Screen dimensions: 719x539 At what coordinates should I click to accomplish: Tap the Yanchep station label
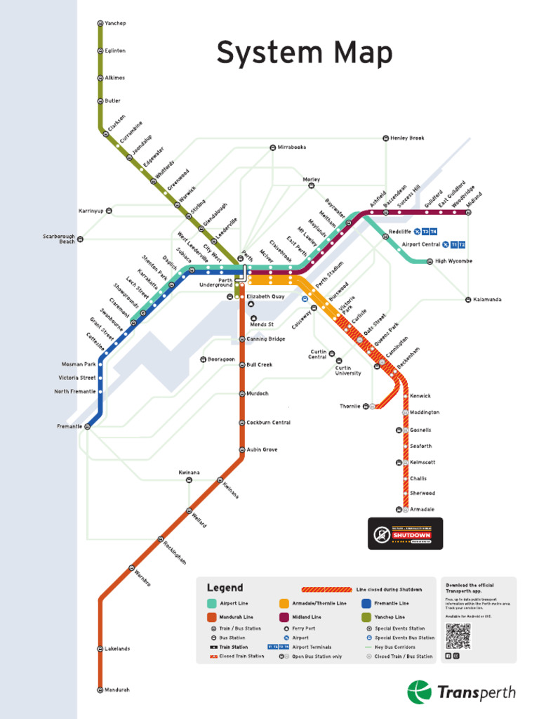tap(115, 24)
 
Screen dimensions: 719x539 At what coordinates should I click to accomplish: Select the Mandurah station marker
tap(100, 690)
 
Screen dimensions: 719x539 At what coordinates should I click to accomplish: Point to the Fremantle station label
tap(69, 426)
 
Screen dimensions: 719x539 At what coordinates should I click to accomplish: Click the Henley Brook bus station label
tap(407, 138)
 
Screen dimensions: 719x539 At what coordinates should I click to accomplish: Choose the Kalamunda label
tap(487, 300)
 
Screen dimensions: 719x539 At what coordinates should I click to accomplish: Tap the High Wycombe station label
tap(453, 261)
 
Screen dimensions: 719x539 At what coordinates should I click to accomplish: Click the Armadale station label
tap(422, 509)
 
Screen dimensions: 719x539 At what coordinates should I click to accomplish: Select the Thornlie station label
tap(350, 406)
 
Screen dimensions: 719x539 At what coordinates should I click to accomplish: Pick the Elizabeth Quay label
tap(265, 297)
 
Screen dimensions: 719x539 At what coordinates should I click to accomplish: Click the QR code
tap(458, 635)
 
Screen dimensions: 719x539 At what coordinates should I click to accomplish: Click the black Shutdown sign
tap(406, 534)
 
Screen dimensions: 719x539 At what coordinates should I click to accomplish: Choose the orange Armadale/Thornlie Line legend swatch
tap(284, 603)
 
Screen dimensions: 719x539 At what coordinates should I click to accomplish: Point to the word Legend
tap(225, 588)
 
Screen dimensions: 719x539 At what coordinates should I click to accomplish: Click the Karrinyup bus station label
tap(91, 211)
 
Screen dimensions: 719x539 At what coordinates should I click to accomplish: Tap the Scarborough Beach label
tap(59, 239)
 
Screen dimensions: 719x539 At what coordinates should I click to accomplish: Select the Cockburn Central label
tap(268, 423)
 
